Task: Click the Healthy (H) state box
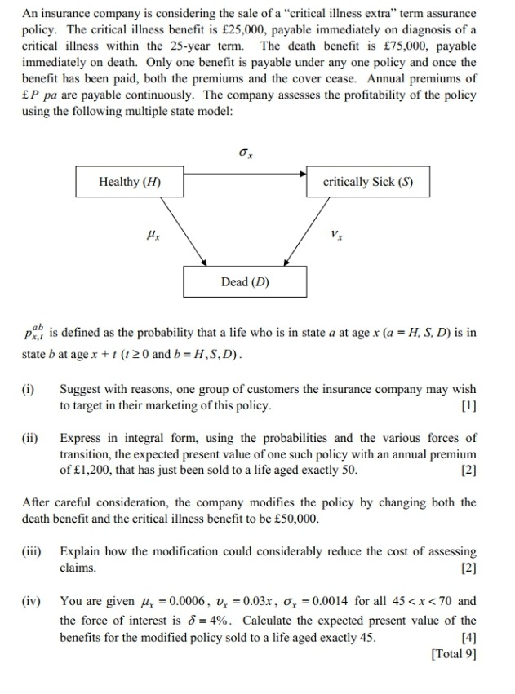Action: tap(129, 182)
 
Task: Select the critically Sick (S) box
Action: tap(367, 182)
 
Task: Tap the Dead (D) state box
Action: tap(245, 282)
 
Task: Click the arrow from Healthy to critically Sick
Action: tap(245, 173)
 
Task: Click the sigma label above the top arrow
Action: tap(244, 153)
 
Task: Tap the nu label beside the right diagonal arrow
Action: tap(337, 234)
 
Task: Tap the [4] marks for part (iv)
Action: tap(468, 637)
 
